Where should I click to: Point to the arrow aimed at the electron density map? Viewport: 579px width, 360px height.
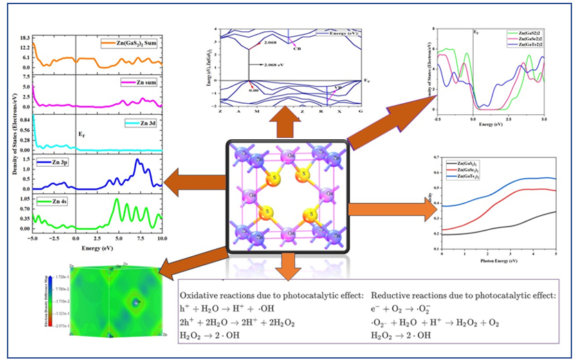click(x=187, y=262)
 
